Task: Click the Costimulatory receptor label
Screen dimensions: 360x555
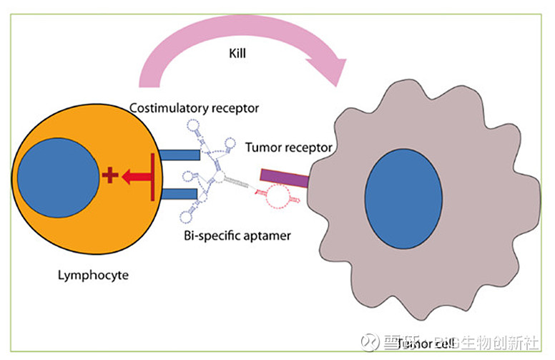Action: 194,108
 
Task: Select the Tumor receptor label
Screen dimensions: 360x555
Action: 289,148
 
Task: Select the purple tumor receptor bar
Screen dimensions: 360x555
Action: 283,177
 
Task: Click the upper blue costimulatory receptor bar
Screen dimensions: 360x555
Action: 179,154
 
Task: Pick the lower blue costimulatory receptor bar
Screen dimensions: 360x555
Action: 179,194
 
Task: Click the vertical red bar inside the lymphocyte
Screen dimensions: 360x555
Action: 152,176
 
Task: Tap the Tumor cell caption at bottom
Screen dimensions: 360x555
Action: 426,344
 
